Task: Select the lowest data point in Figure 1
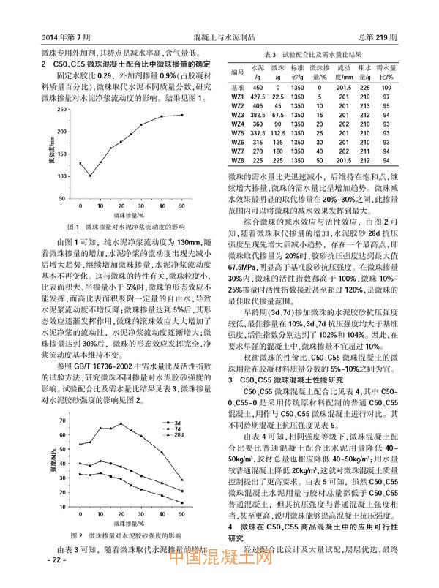tap(90, 176)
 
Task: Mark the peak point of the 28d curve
tap(121, 404)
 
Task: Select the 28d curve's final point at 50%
tap(182, 459)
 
